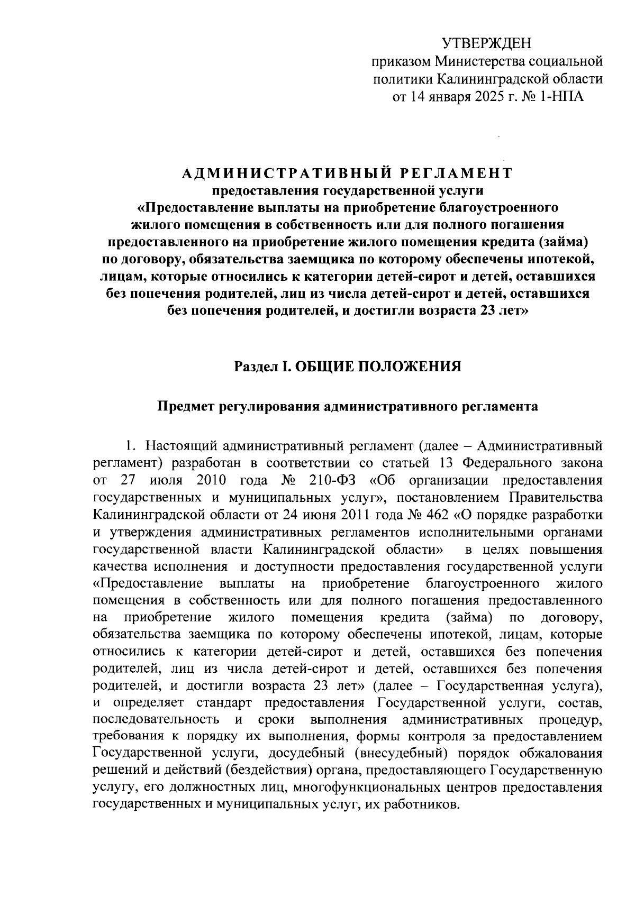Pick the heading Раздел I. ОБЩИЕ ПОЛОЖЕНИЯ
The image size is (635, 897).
coord(348,366)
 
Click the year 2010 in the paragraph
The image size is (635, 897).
coord(211,480)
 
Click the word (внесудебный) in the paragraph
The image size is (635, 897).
coord(394,753)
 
